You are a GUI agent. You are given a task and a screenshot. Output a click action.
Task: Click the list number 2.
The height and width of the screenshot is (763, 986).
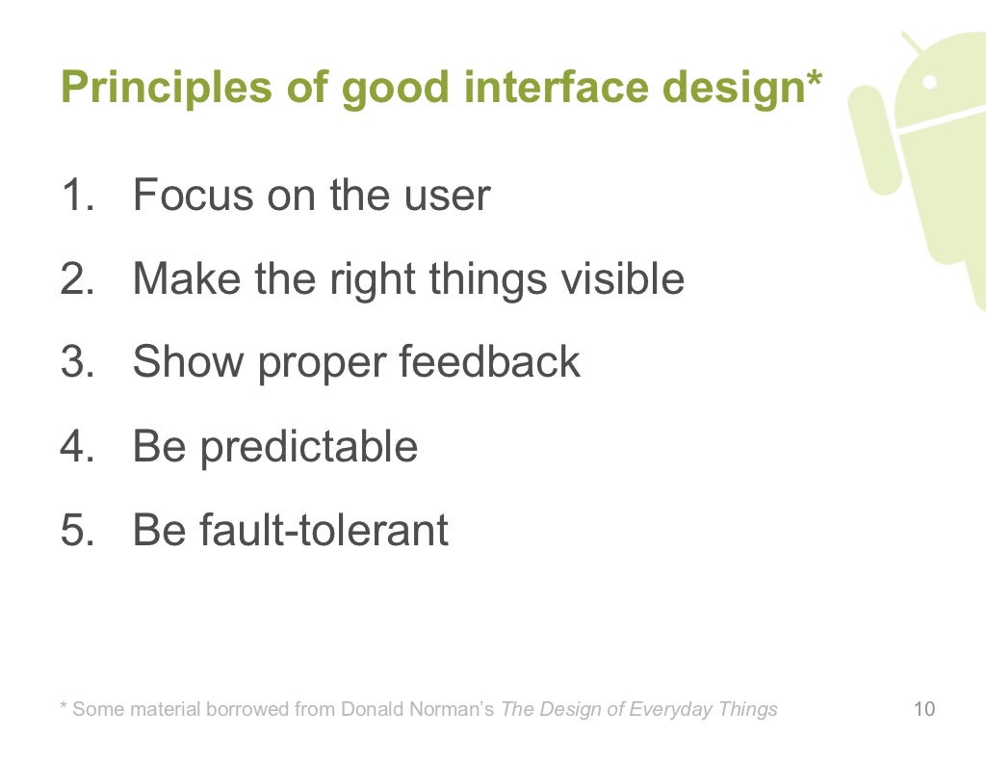[74, 279]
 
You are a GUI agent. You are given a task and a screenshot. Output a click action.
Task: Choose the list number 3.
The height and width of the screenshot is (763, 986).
[74, 363]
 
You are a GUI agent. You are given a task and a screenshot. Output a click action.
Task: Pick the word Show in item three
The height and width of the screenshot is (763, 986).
[184, 363]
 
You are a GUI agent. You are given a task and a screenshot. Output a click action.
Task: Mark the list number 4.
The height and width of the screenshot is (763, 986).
[74, 447]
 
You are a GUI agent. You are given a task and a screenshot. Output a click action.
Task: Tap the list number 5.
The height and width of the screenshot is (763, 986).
[74, 531]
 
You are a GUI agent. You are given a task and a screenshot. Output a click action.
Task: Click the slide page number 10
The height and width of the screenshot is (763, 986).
[923, 711]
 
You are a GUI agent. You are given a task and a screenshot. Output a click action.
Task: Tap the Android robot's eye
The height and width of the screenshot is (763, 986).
[930, 83]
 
